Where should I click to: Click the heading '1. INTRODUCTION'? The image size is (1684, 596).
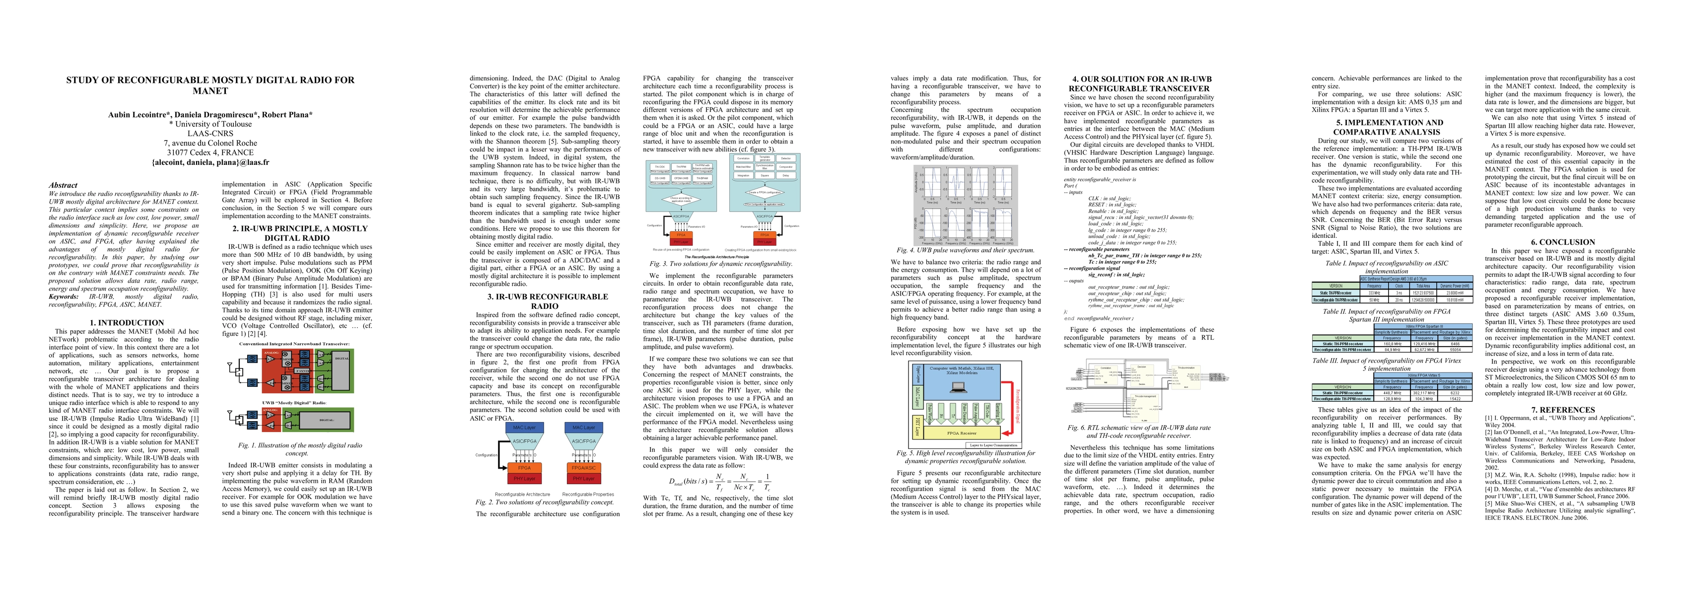coord(127,322)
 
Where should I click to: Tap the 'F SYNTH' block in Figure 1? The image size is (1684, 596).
coord(301,371)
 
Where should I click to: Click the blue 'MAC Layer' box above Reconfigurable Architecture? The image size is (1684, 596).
coord(524,428)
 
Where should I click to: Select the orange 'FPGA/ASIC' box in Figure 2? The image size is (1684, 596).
coord(584,468)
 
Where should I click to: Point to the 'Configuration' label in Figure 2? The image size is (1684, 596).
coord(487,454)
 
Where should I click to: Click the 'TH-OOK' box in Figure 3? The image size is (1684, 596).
coord(660,167)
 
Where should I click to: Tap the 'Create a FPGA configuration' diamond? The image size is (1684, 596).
coord(764,192)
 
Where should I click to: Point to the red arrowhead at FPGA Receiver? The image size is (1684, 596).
coord(1007,433)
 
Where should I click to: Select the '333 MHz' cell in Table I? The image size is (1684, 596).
coord(1374,293)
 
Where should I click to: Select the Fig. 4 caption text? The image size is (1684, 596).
coord(966,250)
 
